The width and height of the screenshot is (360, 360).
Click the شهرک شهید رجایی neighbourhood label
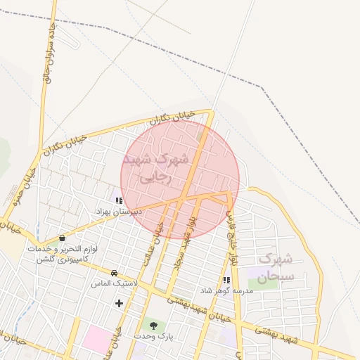156,168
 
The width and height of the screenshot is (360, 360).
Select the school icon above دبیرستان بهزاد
119,200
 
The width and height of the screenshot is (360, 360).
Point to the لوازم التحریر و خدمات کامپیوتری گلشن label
63,255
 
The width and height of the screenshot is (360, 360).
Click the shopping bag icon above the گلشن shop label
63,238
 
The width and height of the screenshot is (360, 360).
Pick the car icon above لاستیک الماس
114,273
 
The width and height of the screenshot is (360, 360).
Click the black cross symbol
119,303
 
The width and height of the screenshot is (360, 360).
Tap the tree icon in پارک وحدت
153,325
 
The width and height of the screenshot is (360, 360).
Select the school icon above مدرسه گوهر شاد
226,280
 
